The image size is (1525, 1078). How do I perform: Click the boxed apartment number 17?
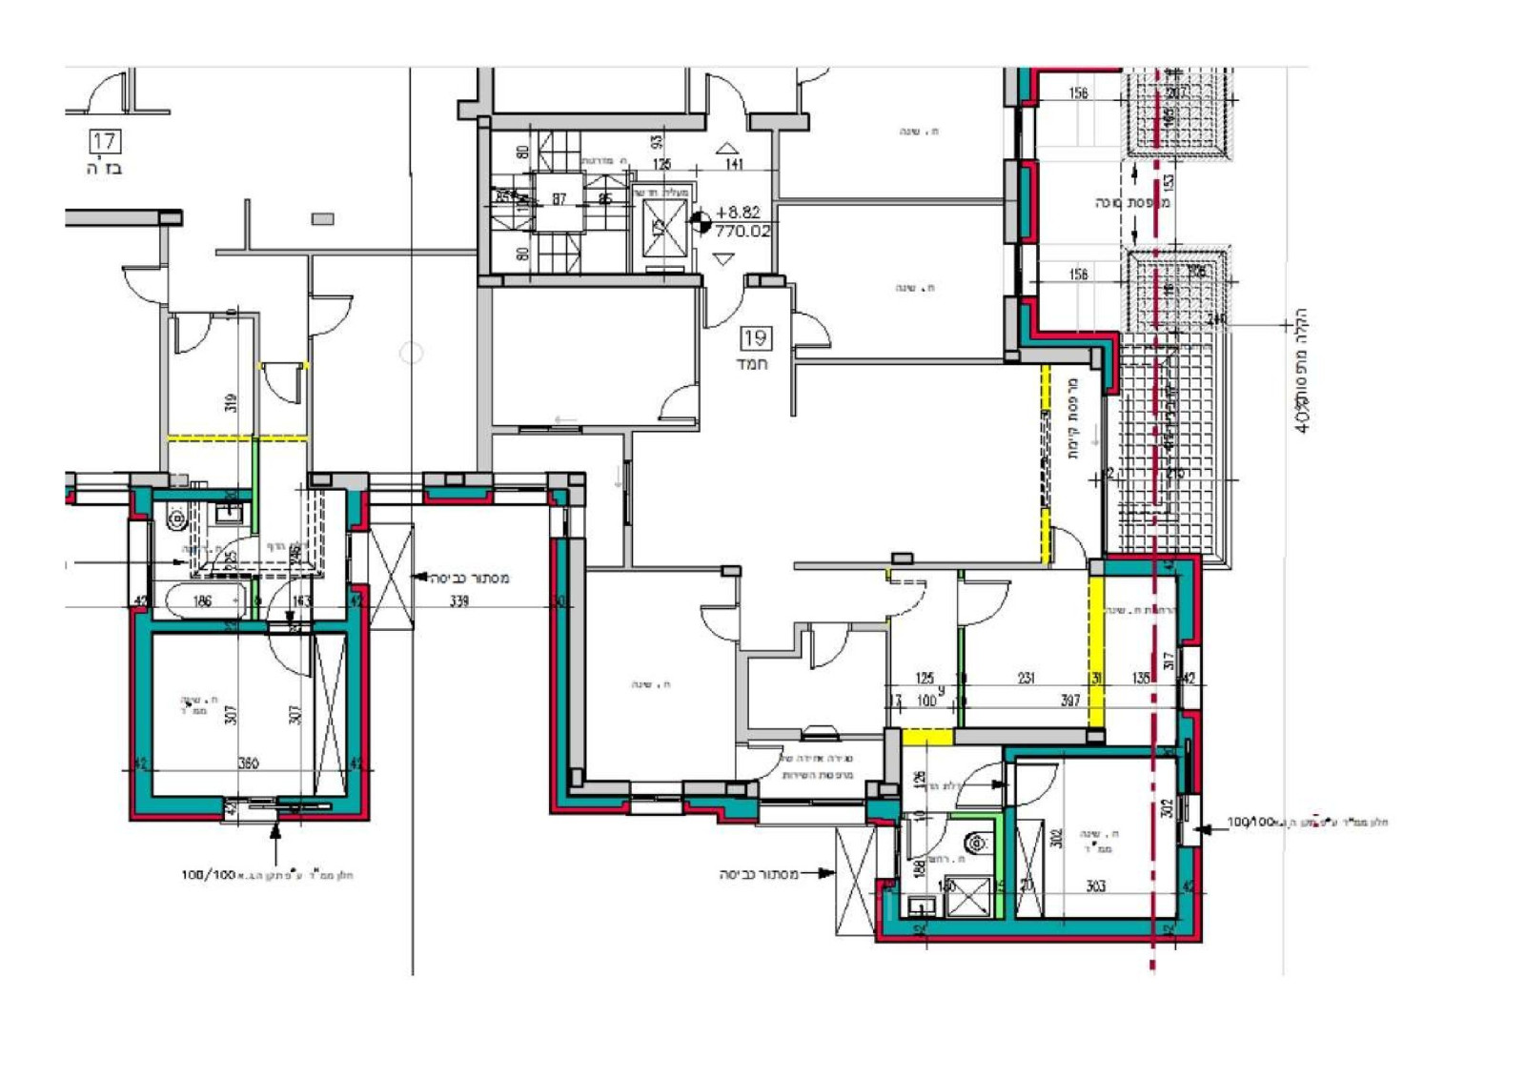pos(104,142)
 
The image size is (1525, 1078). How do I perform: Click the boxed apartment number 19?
pos(755,337)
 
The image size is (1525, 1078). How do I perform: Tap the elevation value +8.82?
pos(738,213)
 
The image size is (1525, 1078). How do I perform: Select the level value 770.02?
pos(742,231)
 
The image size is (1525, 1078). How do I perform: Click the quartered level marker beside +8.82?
pos(701,222)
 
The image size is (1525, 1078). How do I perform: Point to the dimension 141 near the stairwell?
pos(734,164)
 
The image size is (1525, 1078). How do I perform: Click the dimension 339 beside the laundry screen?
pos(459,600)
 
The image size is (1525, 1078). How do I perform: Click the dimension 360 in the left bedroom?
pos(248,763)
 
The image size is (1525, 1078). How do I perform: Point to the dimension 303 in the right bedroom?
pos(1096,885)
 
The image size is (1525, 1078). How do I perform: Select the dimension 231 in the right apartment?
pos(1026,678)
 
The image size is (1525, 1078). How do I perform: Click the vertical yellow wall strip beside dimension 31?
pos(1096,653)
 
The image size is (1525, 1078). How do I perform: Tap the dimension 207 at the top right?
pos(1176,92)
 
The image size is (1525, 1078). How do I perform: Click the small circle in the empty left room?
pos(411,354)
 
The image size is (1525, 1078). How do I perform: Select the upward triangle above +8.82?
pos(727,148)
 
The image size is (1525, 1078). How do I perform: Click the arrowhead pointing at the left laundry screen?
pos(417,577)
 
